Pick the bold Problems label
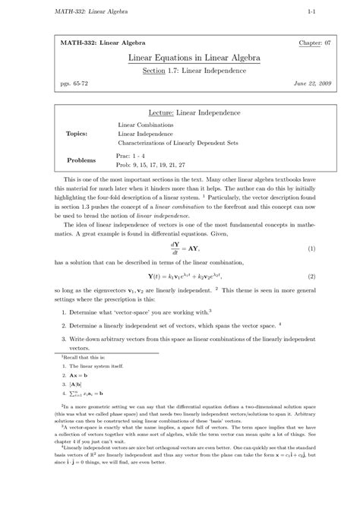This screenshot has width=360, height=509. click(81, 160)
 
